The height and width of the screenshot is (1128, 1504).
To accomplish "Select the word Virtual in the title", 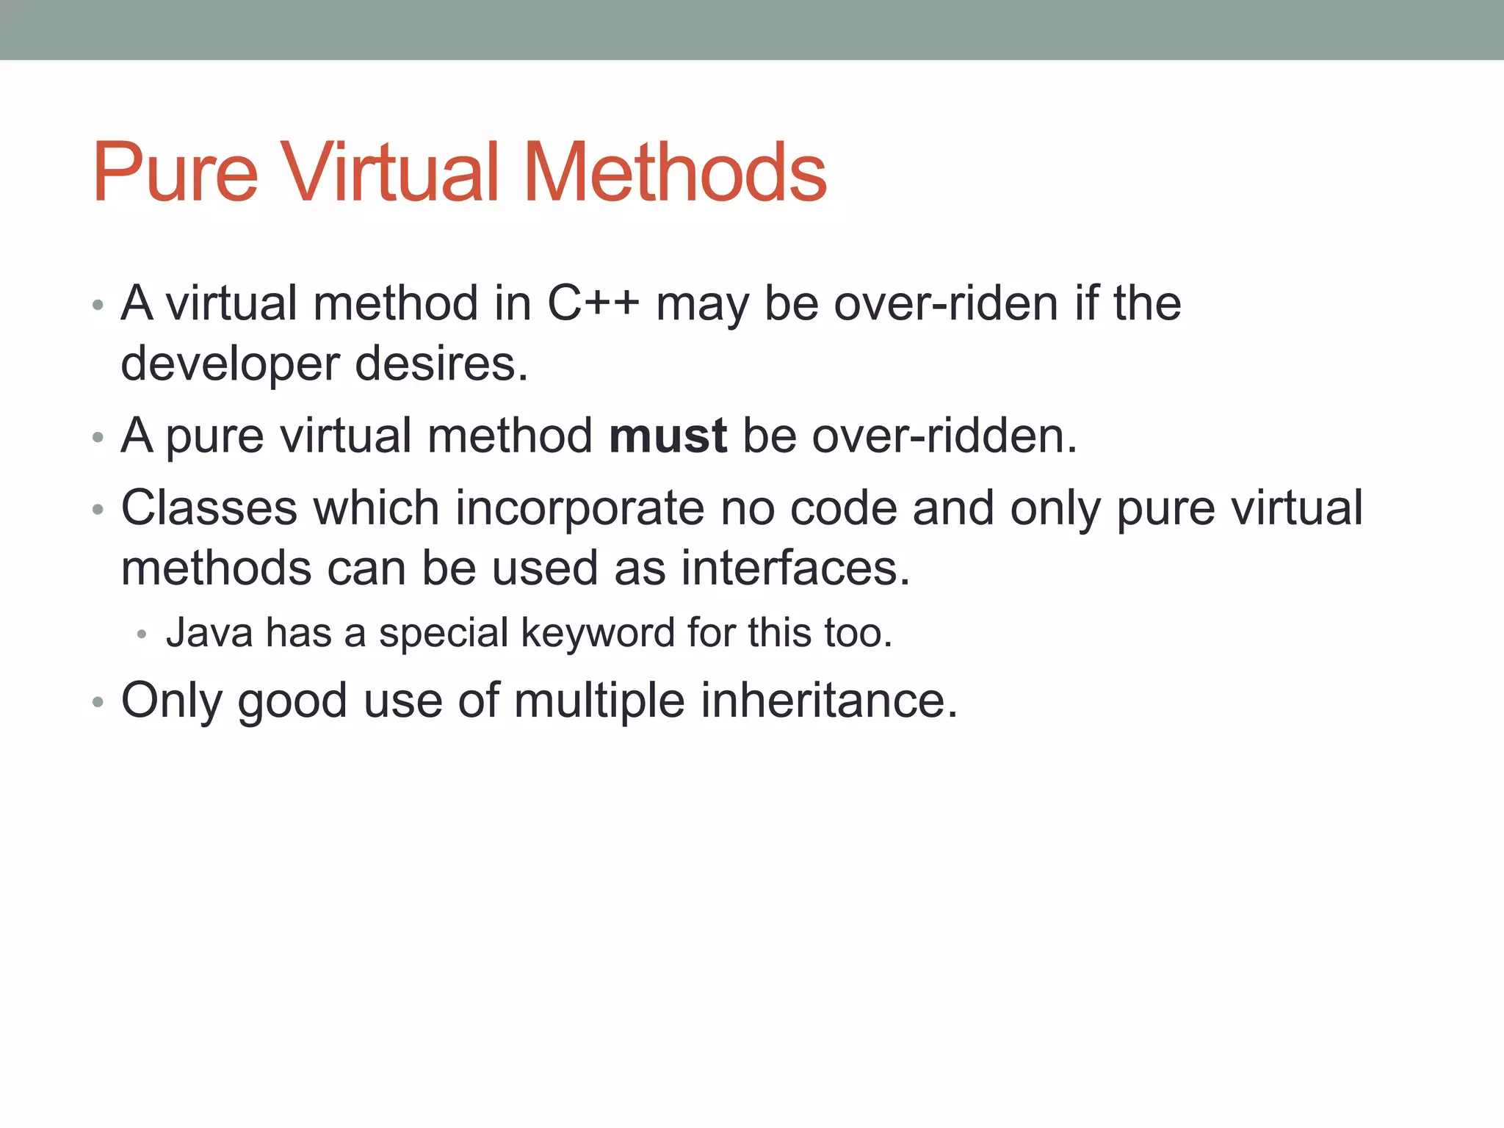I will coord(390,173).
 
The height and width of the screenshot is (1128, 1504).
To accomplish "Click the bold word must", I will coord(668,435).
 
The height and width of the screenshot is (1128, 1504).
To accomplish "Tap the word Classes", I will coord(209,508).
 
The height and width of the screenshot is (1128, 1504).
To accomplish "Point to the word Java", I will coord(209,633).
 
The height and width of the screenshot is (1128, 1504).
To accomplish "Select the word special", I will coord(444,633).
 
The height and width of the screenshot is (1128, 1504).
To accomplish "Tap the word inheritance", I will coord(828,701).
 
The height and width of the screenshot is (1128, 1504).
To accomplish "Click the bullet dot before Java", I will coord(142,634).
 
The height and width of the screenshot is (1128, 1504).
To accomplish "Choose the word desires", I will coord(441,364).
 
